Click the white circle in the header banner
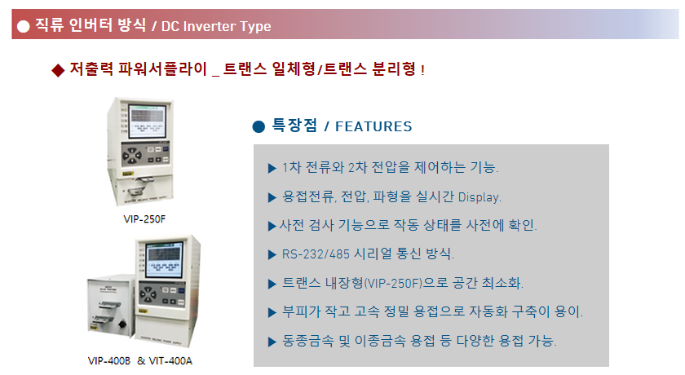(x=23, y=26)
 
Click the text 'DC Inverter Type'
(x=216, y=26)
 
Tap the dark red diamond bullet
(x=58, y=70)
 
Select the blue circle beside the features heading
(x=259, y=126)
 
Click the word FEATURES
(x=373, y=126)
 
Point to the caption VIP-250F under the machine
(x=144, y=219)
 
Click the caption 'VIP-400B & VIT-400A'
(x=139, y=361)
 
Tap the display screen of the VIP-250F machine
(x=148, y=121)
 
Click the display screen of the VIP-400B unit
(x=164, y=260)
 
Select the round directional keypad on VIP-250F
(x=131, y=155)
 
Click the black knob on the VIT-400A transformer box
(x=122, y=324)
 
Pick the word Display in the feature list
(x=479, y=197)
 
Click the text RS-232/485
(x=316, y=254)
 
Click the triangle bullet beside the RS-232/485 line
(x=272, y=254)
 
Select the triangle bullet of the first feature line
(x=272, y=168)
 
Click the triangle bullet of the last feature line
(x=272, y=342)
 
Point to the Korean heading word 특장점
(x=294, y=126)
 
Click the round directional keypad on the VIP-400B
(x=148, y=293)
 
